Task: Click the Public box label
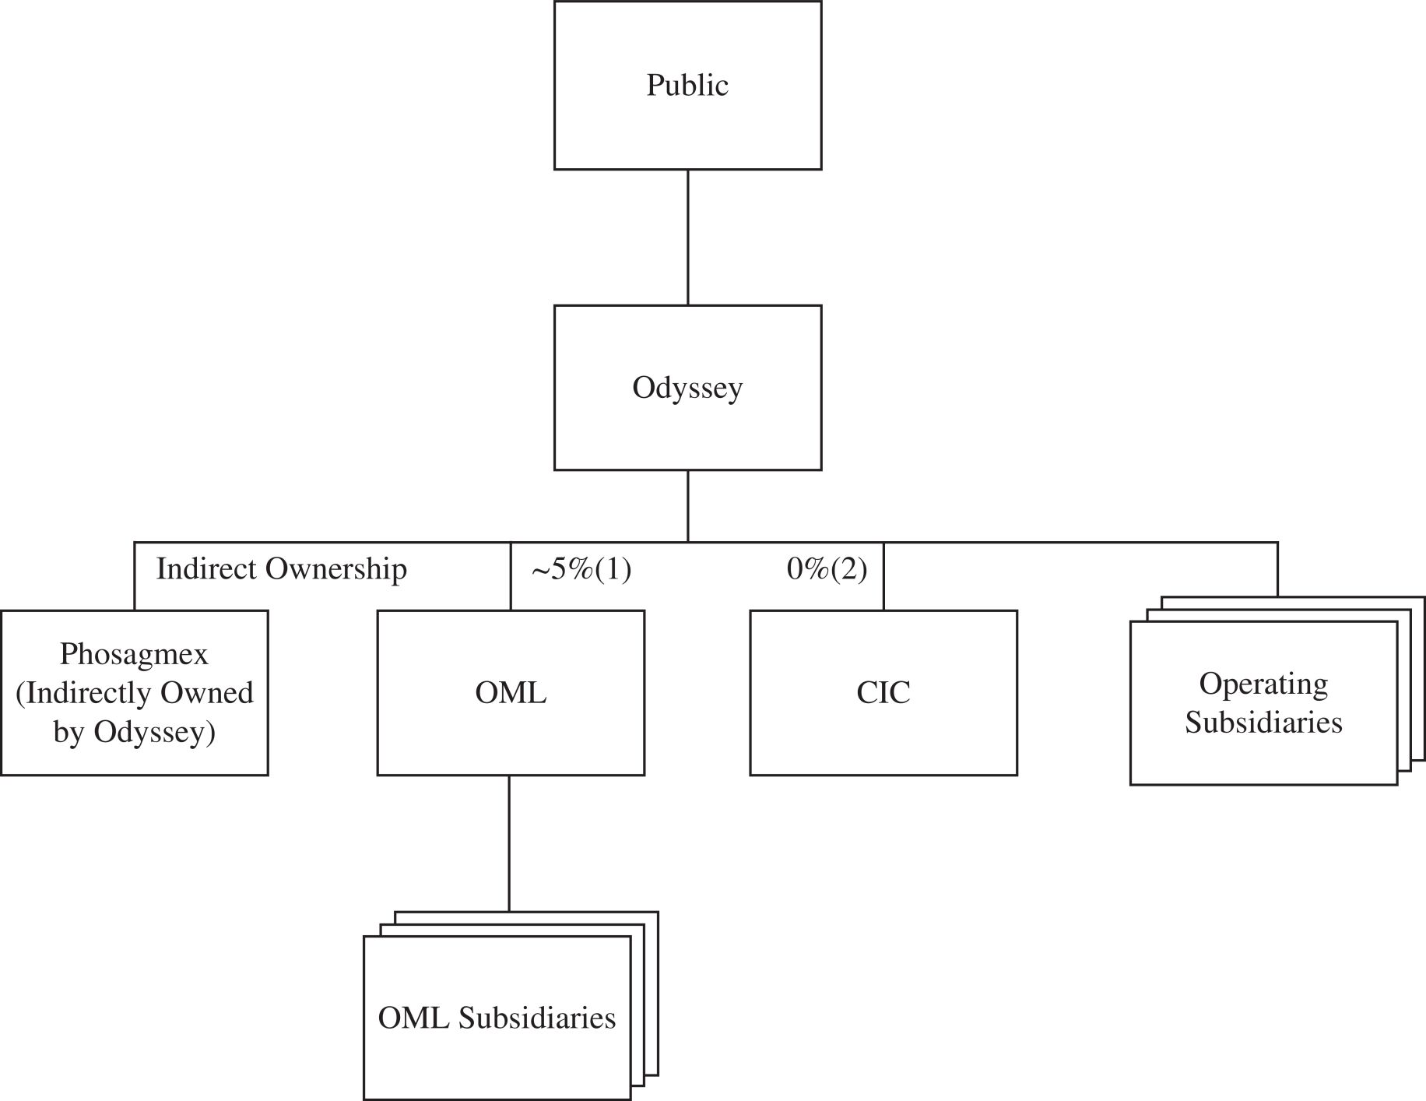(x=687, y=85)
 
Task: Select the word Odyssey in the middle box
(x=687, y=388)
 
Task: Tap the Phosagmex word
(x=134, y=655)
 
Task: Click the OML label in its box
(x=511, y=692)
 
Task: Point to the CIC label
(x=883, y=692)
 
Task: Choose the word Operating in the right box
(x=1263, y=684)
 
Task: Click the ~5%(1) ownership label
(x=581, y=570)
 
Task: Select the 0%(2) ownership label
(x=827, y=570)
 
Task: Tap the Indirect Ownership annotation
(x=281, y=569)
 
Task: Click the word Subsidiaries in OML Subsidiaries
(x=537, y=1018)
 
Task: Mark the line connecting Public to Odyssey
(x=688, y=237)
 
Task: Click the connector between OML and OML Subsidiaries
(x=509, y=843)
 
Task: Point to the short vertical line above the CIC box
(x=883, y=576)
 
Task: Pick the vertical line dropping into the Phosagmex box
(x=134, y=576)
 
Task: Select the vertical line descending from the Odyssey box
(x=688, y=506)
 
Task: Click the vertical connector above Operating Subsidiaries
(x=1277, y=569)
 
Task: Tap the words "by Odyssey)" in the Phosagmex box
(x=134, y=732)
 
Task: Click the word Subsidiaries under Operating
(x=1263, y=723)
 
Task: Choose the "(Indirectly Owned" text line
(x=134, y=693)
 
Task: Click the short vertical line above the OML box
(x=511, y=576)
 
